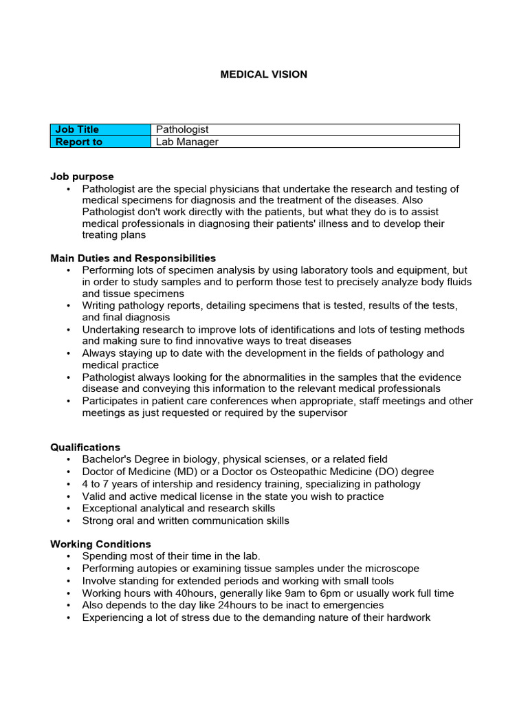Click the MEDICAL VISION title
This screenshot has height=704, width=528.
pyautogui.click(x=263, y=74)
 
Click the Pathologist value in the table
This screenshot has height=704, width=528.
pyautogui.click(x=182, y=129)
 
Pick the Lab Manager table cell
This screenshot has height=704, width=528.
pyautogui.click(x=187, y=142)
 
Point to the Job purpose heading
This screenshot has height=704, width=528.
pyautogui.click(x=82, y=177)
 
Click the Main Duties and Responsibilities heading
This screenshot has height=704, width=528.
pyautogui.click(x=133, y=258)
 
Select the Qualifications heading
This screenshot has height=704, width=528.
pyautogui.click(x=85, y=447)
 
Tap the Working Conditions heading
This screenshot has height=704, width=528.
pyautogui.click(x=100, y=544)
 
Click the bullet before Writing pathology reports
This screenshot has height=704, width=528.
pyautogui.click(x=69, y=305)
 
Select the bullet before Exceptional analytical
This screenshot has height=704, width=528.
pyautogui.click(x=69, y=509)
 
